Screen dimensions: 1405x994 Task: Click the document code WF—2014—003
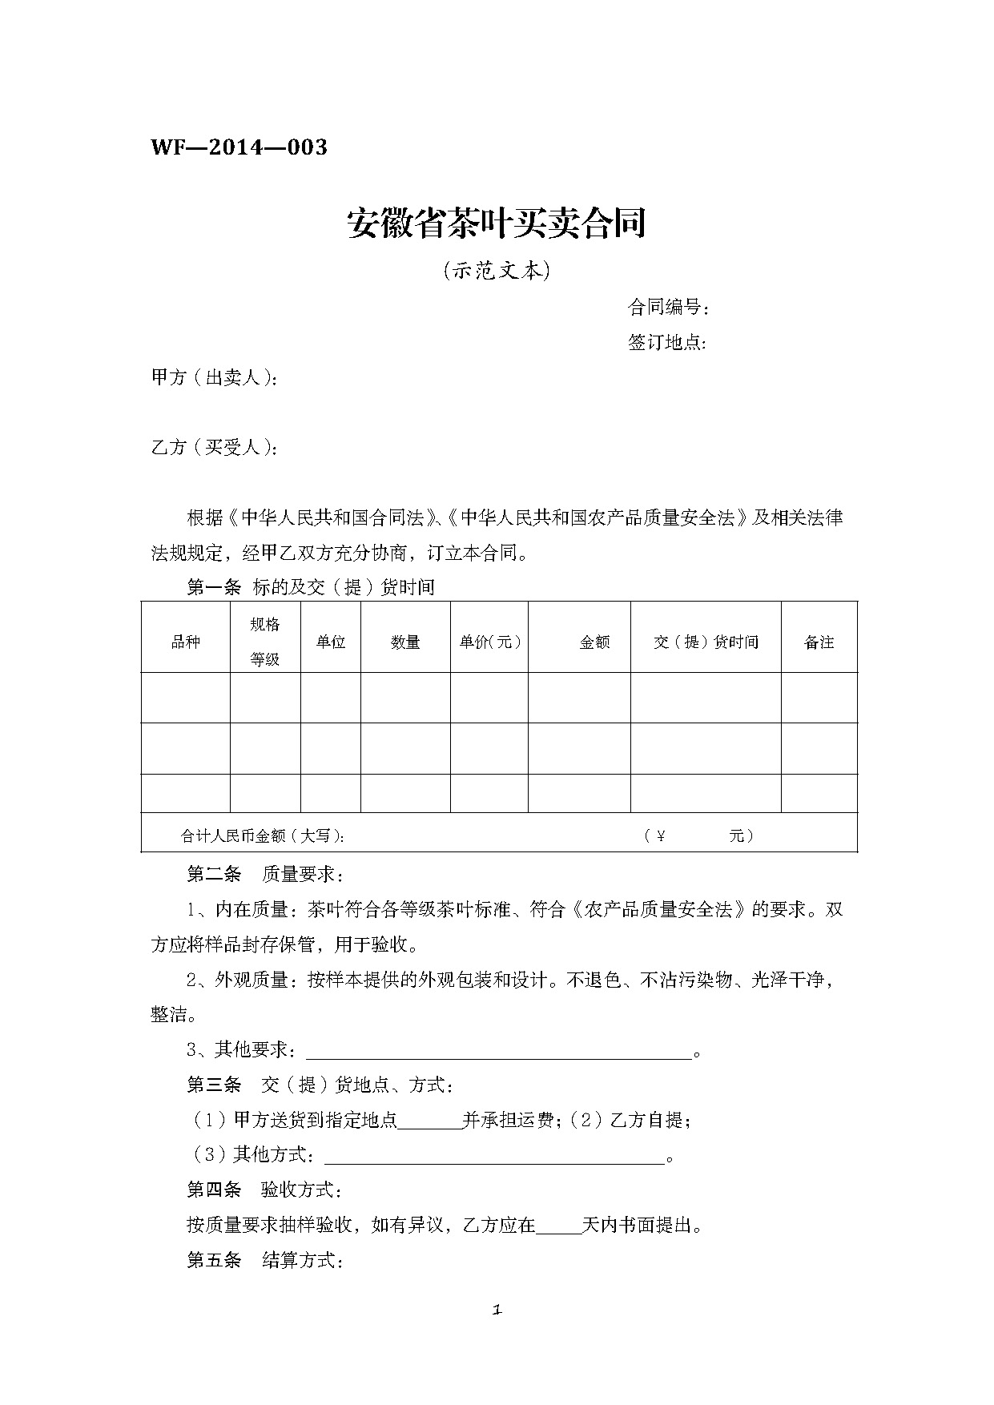(x=239, y=148)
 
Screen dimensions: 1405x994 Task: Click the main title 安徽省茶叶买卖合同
(x=497, y=223)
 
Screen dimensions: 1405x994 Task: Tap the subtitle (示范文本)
(x=497, y=272)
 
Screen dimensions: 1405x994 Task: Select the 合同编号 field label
(x=668, y=308)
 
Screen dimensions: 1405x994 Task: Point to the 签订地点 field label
(x=666, y=343)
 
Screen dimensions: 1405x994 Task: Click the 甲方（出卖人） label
(x=215, y=378)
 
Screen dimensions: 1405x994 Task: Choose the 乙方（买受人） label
(x=215, y=447)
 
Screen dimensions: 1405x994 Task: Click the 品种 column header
(x=186, y=642)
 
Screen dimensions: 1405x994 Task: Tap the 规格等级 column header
(x=265, y=642)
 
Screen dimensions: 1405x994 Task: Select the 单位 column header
(x=330, y=642)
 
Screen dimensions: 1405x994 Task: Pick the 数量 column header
(x=405, y=642)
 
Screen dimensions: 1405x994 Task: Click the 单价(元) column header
(x=489, y=642)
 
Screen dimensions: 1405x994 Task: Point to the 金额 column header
(x=594, y=642)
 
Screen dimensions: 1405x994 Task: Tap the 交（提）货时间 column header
(x=706, y=642)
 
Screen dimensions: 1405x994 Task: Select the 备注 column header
(x=819, y=642)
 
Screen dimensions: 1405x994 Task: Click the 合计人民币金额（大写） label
(x=263, y=836)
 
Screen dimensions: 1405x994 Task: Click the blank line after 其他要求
(x=499, y=1051)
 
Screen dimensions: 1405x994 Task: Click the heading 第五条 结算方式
(x=265, y=1261)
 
